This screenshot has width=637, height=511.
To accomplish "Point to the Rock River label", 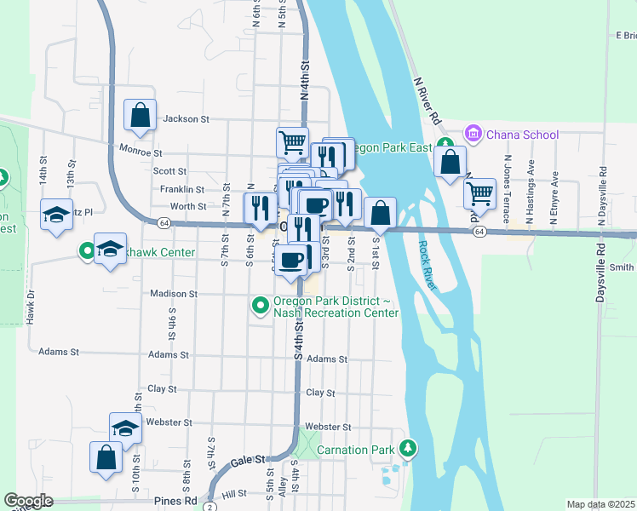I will (427, 265).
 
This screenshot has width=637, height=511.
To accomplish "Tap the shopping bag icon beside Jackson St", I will (141, 115).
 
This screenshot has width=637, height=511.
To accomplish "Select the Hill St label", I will (233, 494).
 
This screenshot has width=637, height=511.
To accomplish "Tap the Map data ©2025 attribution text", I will (600, 504).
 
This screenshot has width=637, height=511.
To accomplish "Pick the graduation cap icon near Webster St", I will (125, 428).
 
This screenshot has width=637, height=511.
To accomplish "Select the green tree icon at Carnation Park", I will (409, 447).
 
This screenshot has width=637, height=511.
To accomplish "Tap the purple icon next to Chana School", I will (472, 134).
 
